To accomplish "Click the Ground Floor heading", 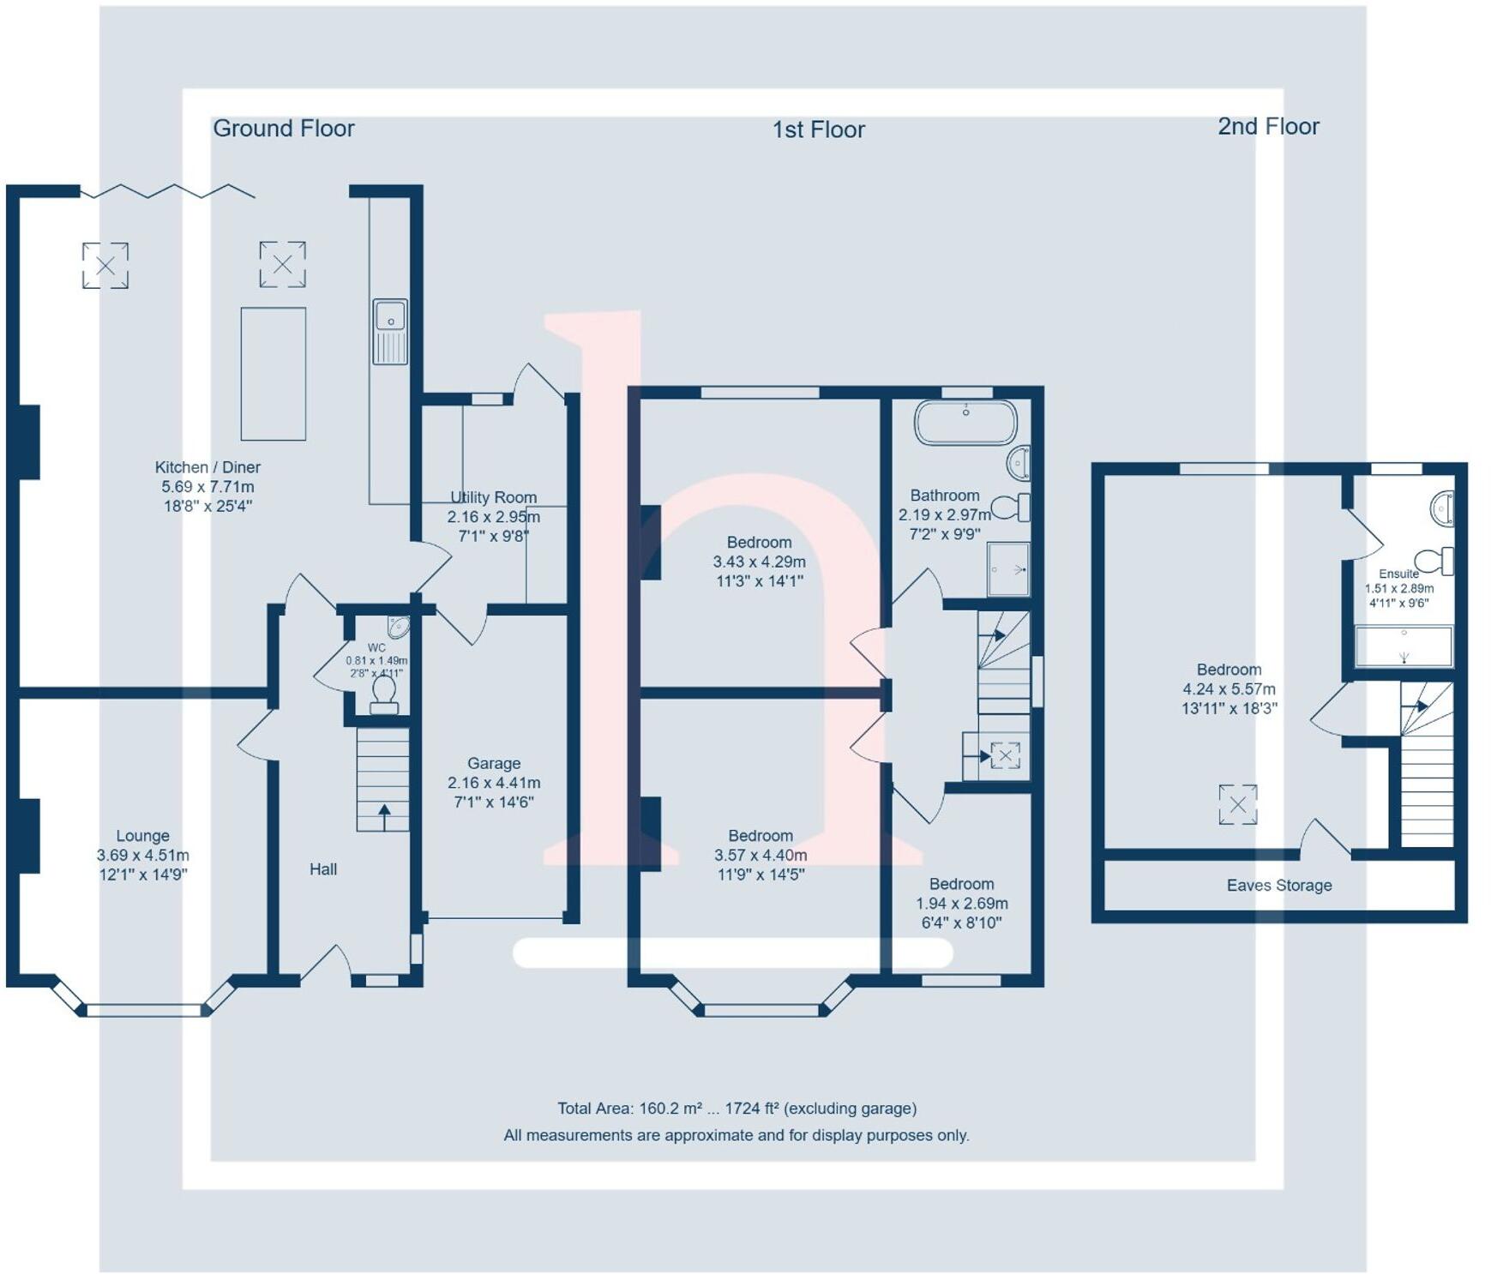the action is tap(283, 129).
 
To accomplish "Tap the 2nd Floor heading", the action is tap(1268, 127).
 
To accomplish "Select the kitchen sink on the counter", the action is tap(390, 331).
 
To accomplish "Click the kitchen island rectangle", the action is tap(273, 374).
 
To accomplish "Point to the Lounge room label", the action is tap(142, 836).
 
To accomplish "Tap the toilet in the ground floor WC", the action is tap(384, 693).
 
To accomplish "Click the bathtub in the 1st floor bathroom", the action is tap(965, 422).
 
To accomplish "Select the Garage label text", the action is tap(494, 763).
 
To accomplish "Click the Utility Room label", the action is tap(494, 497).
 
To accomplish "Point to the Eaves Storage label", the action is tap(1279, 886).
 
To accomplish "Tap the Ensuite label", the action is tap(1398, 574).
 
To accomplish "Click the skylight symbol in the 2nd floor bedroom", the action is tap(1238, 804).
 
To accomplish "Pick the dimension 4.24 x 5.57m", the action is tap(1229, 689).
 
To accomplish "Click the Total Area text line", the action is tap(736, 1109).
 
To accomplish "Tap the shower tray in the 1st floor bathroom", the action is tap(1007, 568).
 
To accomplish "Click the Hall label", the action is tap(323, 869).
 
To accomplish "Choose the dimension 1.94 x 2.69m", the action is tap(962, 904).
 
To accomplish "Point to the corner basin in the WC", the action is tap(399, 627).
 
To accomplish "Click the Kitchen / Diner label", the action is tap(207, 467).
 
